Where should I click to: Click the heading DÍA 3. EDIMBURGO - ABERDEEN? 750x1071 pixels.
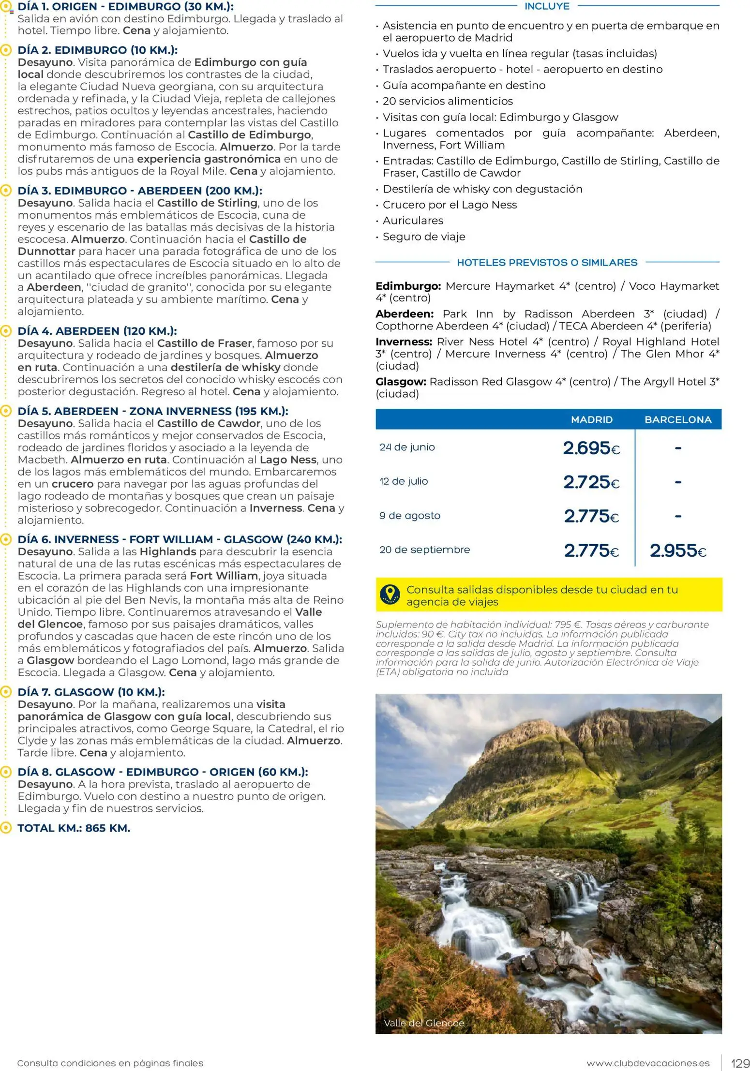140,191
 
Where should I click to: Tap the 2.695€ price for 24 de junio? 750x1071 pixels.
591,448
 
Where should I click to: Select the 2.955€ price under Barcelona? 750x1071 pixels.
677,550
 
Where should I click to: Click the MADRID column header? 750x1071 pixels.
591,419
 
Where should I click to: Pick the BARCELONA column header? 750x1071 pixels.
677,419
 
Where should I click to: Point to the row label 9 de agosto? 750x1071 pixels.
410,516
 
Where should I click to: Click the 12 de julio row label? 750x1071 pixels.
404,481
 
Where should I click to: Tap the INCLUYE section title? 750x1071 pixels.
547,6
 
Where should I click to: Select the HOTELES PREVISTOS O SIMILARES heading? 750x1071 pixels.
547,263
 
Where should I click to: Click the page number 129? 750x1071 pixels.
740,1063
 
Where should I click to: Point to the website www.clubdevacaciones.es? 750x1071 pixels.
647,1063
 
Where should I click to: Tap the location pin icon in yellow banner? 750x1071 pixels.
390,595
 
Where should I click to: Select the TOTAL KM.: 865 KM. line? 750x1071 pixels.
74,828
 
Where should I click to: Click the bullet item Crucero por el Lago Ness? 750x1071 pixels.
450,205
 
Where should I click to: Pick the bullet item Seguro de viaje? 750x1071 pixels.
424,237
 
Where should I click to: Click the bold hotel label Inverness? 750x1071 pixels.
404,342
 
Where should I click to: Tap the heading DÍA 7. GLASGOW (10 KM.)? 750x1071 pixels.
91,692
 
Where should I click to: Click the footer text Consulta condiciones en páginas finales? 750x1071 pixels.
110,1063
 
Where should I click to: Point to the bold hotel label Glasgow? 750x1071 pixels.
401,382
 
